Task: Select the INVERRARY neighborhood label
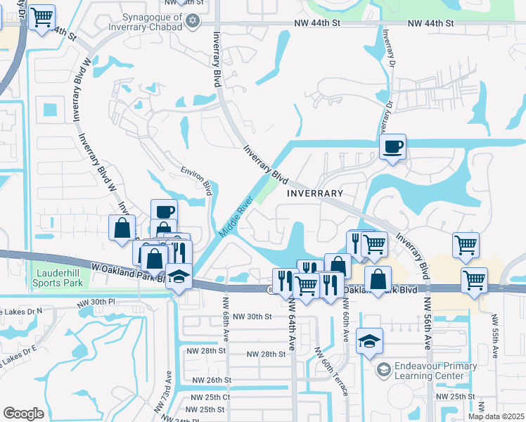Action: tap(315, 193)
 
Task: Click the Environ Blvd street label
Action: tap(196, 179)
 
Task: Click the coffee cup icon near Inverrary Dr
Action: tap(393, 147)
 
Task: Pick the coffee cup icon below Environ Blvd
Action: tap(165, 212)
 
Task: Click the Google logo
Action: tap(24, 414)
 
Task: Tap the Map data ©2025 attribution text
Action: tap(495, 416)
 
